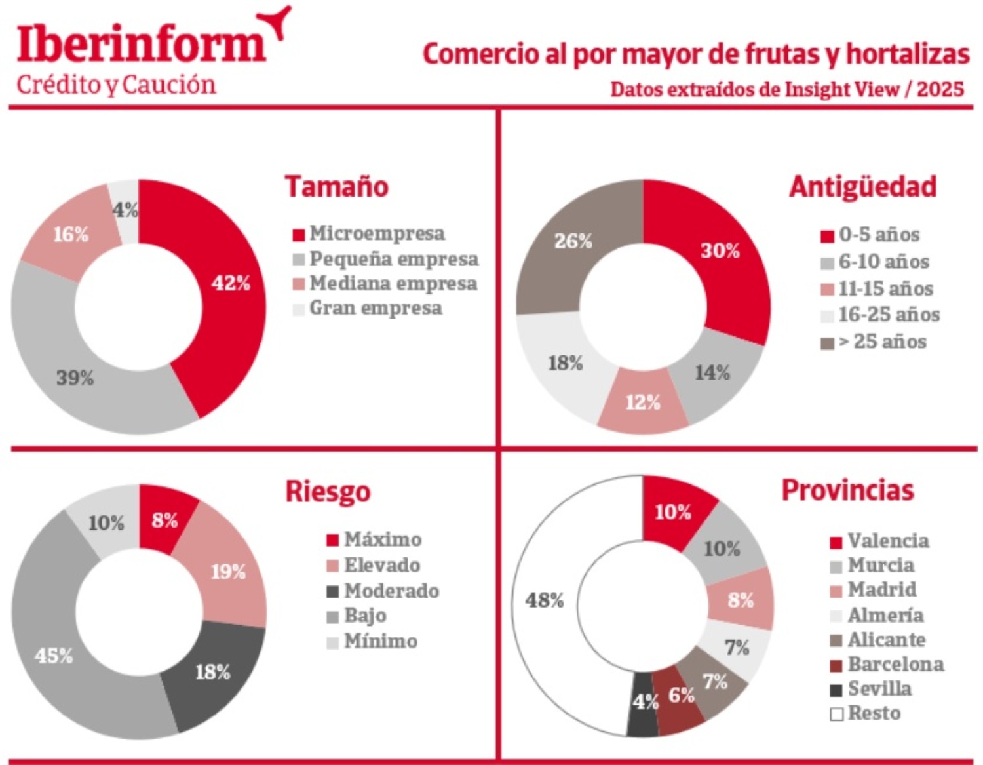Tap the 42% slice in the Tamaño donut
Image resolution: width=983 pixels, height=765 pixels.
pos(230,283)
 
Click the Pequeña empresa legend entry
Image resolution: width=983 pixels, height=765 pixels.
pos(393,259)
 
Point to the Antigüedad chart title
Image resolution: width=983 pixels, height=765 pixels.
pos(862,187)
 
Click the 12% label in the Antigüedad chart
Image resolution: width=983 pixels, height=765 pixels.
pos(642,402)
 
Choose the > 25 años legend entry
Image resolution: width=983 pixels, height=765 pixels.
pos(882,342)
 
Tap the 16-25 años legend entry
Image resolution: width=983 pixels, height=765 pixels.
pos(889,315)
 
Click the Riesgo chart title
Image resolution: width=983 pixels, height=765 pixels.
pos(328,492)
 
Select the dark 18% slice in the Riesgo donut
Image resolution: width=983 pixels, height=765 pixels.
pos(212,672)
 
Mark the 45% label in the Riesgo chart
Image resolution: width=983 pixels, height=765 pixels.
pos(54,656)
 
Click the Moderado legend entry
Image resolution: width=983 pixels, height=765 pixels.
pos(391,591)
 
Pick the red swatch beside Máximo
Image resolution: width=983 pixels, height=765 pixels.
pos(332,540)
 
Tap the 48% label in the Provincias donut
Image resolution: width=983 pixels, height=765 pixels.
pos(544,600)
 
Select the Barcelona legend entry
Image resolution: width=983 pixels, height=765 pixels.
pos(895,664)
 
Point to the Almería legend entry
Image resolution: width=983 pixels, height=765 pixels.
pos(885,615)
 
